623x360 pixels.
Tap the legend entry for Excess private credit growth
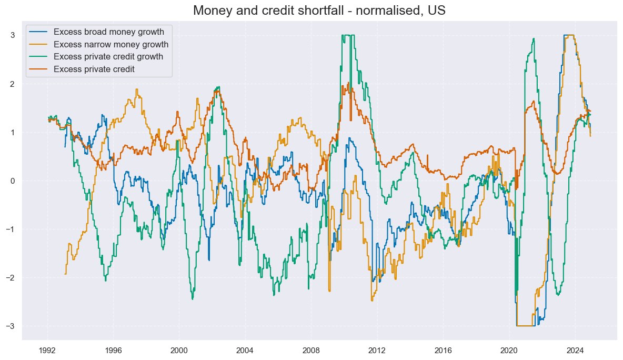tap(108, 57)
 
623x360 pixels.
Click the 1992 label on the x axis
tap(47, 350)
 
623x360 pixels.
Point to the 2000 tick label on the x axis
tap(179, 350)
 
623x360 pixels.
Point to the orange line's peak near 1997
tap(137, 89)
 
